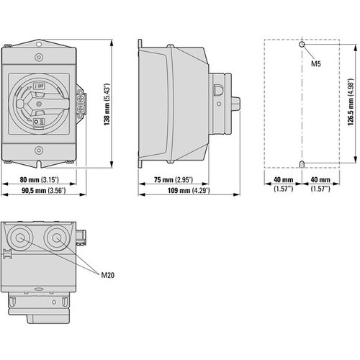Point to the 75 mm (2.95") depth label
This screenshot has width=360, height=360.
click(x=168, y=180)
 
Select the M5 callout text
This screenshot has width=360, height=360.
click(x=315, y=64)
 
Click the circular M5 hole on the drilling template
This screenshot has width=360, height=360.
click(x=303, y=45)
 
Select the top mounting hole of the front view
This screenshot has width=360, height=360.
click(x=39, y=55)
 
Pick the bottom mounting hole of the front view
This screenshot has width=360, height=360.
click(x=39, y=150)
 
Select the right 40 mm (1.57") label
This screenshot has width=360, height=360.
click(x=320, y=184)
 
